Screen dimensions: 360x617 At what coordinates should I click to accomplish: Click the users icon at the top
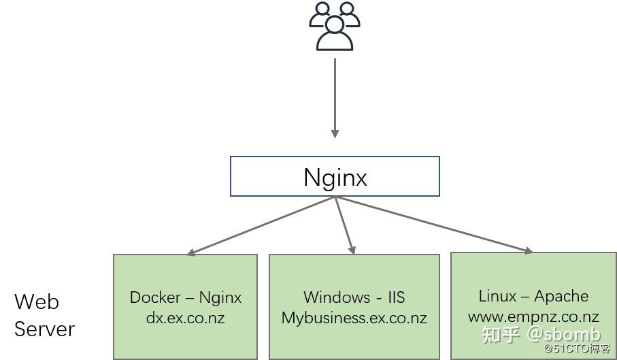click(334, 27)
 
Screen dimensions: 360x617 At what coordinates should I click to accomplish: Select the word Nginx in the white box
click(335, 177)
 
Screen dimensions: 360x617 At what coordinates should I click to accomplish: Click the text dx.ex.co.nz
click(185, 318)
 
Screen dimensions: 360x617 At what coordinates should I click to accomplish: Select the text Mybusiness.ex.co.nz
click(354, 318)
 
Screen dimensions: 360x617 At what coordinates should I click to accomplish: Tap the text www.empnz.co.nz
click(533, 316)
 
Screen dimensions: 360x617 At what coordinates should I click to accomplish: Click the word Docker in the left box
click(155, 297)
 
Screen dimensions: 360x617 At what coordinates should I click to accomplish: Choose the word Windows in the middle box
click(337, 297)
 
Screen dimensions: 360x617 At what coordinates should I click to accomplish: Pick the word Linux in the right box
click(497, 296)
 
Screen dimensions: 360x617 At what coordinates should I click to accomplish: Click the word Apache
click(561, 296)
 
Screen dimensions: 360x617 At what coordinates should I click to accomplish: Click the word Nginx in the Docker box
click(220, 297)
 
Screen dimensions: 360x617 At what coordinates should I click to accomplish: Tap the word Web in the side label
click(37, 301)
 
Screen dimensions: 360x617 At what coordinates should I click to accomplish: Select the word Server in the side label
click(44, 329)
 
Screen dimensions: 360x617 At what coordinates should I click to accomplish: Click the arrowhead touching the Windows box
click(352, 250)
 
